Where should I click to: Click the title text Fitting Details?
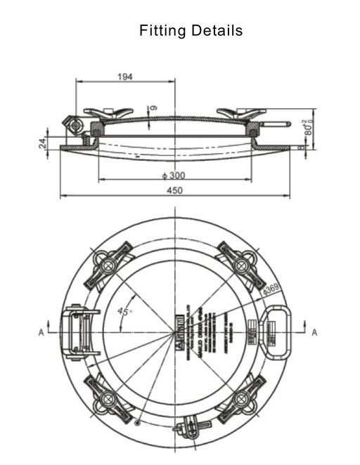(x=191, y=31)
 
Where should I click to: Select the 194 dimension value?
(x=124, y=76)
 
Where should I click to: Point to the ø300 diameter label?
(x=173, y=174)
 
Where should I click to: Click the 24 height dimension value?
(x=41, y=143)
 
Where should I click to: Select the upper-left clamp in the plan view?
(x=108, y=264)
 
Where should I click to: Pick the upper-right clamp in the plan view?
(x=240, y=263)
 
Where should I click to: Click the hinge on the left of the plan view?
(x=76, y=330)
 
